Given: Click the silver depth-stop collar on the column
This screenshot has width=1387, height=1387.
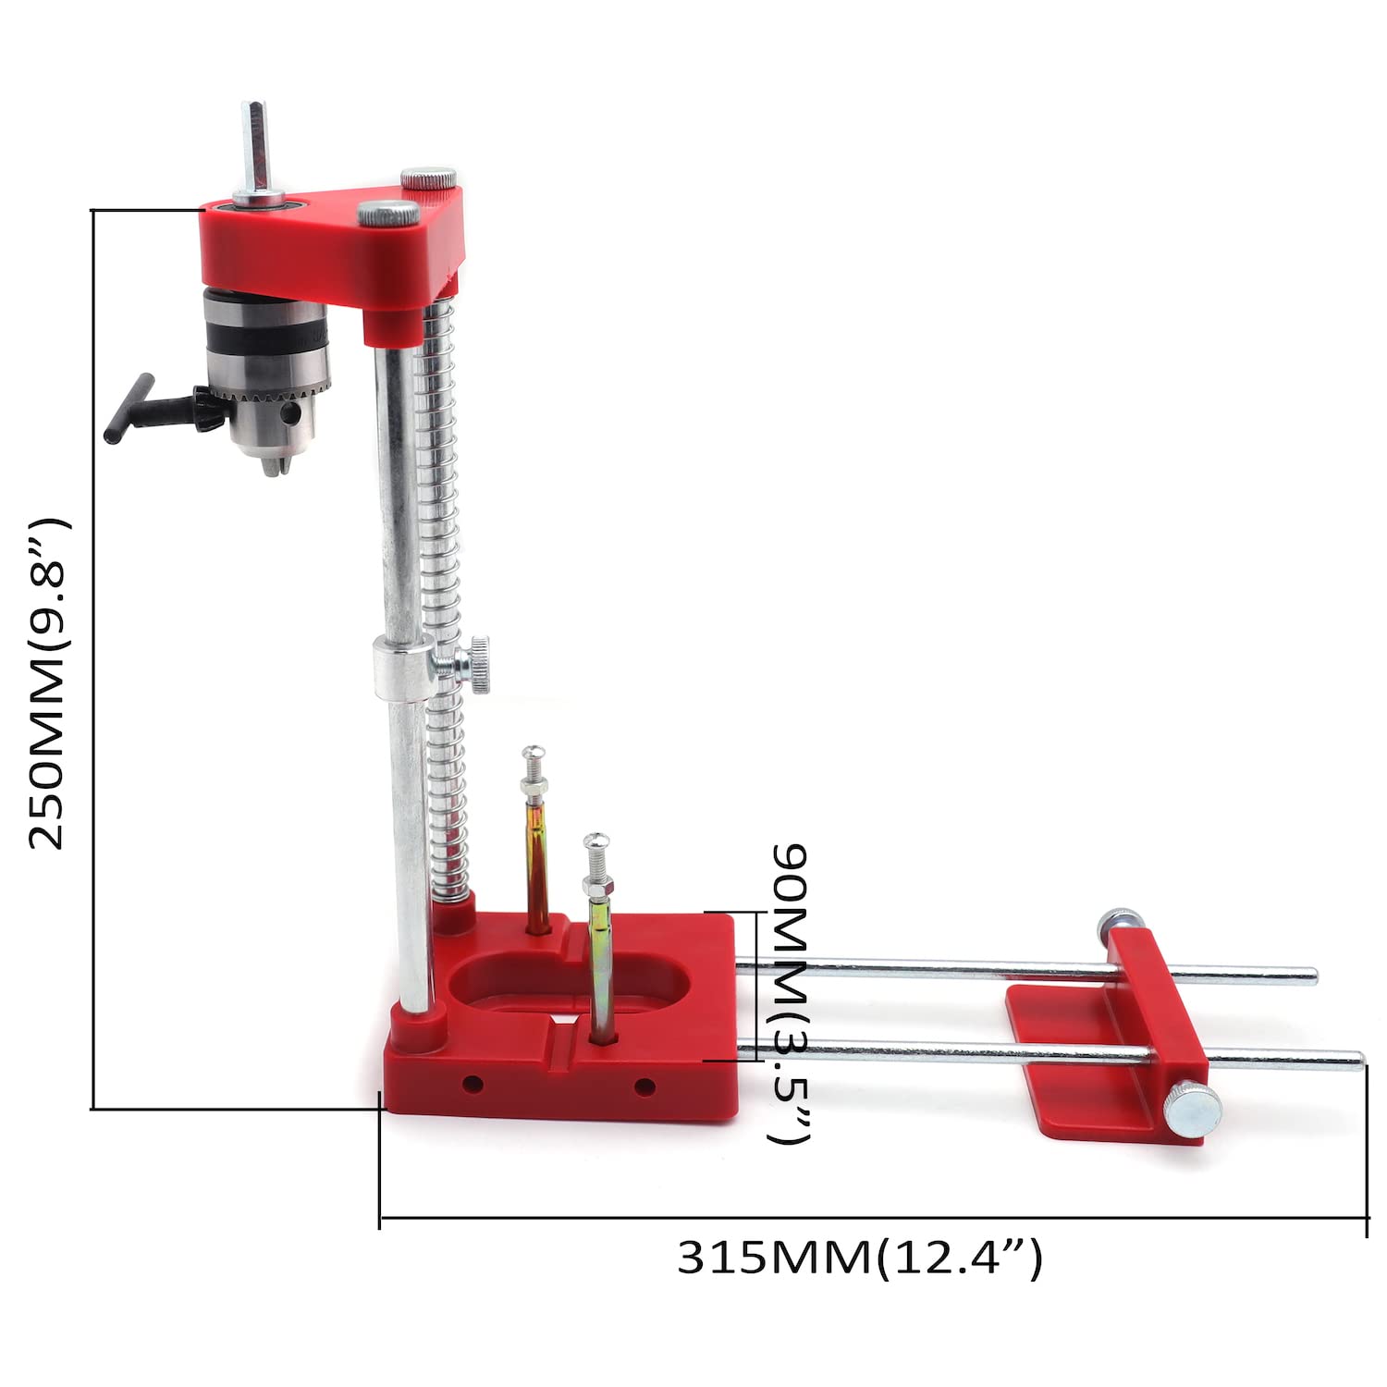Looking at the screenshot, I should [x=402, y=666].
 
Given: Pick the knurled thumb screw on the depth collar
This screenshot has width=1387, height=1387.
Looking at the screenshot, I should [x=478, y=664].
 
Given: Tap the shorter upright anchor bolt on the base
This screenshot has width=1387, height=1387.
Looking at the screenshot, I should [x=599, y=934].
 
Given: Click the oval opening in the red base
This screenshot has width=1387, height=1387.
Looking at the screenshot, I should [x=573, y=982].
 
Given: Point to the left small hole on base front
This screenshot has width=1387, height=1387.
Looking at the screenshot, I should [x=473, y=1083].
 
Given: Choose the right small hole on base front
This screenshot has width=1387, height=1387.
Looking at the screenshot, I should [x=644, y=1086].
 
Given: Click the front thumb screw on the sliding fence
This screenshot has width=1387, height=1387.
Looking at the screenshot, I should [x=1192, y=1110].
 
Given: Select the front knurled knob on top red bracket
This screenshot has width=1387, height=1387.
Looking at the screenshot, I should [x=388, y=213].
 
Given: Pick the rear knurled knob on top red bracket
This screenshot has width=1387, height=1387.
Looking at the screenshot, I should [x=429, y=177].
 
